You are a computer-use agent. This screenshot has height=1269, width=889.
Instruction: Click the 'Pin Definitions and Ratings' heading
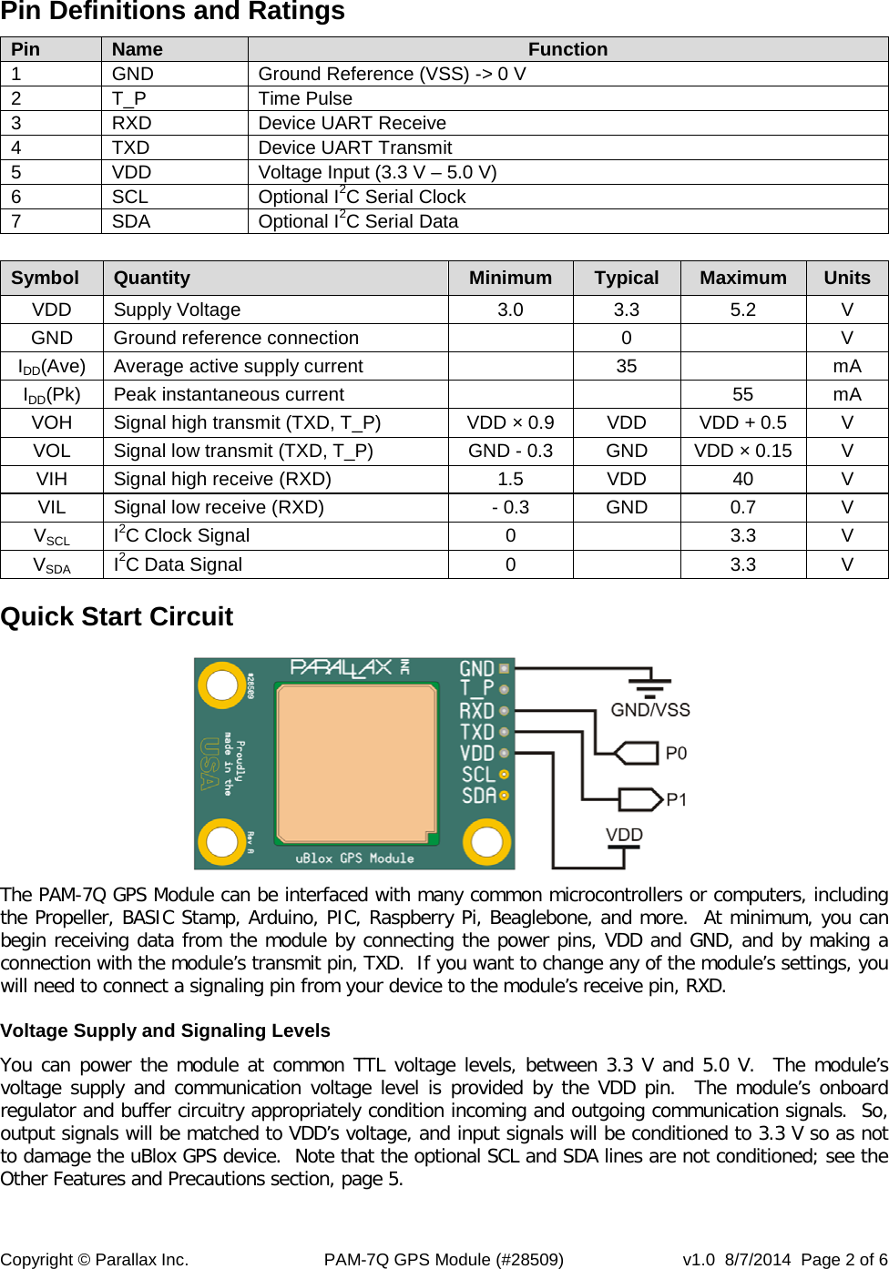click(173, 12)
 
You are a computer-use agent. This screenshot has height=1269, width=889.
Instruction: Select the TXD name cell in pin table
click(131, 147)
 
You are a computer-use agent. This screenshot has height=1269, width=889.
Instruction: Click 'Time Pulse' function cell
click(305, 98)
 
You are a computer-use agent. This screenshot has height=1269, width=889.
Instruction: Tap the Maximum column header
click(742, 278)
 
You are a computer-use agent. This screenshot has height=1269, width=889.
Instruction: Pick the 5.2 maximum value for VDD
click(742, 310)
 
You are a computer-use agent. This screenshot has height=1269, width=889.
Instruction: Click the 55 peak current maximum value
click(742, 394)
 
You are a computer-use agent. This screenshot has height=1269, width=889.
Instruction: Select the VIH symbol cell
click(52, 479)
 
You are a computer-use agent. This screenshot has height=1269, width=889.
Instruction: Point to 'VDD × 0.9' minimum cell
click(510, 422)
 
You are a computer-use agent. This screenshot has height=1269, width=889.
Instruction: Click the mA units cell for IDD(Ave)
click(846, 366)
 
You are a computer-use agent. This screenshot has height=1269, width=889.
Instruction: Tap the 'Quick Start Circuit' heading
click(117, 616)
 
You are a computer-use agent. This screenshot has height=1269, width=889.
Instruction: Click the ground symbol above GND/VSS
click(649, 684)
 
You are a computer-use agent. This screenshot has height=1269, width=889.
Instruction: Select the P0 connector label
click(676, 753)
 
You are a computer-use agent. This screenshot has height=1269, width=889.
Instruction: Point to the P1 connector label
click(676, 799)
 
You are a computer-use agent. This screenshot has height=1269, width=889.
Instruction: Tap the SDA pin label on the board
click(479, 796)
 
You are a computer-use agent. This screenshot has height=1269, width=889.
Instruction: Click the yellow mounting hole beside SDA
click(486, 841)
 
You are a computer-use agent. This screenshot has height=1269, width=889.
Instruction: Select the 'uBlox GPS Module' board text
click(354, 858)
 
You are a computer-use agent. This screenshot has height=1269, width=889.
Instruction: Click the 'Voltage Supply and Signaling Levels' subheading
click(166, 1030)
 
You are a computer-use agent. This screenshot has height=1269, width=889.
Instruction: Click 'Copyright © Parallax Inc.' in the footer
click(95, 1259)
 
